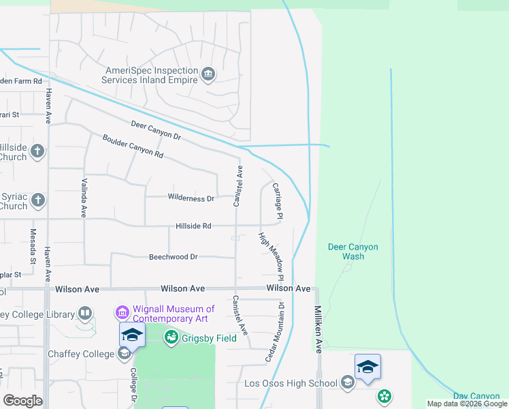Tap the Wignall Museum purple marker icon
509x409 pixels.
pos(122,313)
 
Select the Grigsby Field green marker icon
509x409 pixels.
pos(171,337)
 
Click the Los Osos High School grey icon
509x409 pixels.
pos(348,382)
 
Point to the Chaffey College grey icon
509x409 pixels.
pos(124,353)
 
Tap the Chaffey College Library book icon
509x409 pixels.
pos(85,314)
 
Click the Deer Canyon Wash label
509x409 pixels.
pos(353,252)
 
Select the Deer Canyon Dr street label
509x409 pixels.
pos(157,132)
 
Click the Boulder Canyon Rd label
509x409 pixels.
pos(133,146)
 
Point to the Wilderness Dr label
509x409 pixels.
pos(191,198)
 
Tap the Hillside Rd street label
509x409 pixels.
pos(193,226)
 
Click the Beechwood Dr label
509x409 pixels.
pos(173,257)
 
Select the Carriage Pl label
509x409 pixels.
pos(278,200)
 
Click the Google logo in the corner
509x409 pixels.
pos(22,401)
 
